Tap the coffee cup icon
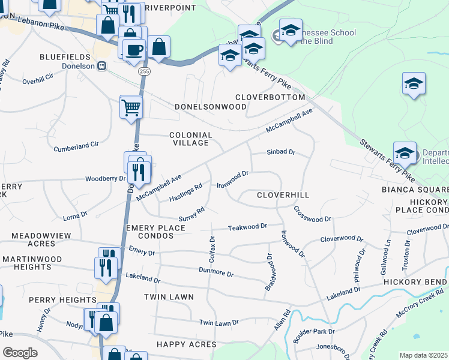pos(134,49)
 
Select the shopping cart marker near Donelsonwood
pos(131,108)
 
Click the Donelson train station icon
pos(102,65)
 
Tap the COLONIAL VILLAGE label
pos(191,139)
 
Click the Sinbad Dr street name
pos(281,152)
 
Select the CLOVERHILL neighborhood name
pos(283,195)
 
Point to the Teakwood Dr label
pos(247,227)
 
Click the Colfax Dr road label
pos(212,246)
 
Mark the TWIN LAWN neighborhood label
pos(169,297)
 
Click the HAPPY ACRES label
pos(186,344)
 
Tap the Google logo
pos(20,353)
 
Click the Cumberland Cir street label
pos(76,146)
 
